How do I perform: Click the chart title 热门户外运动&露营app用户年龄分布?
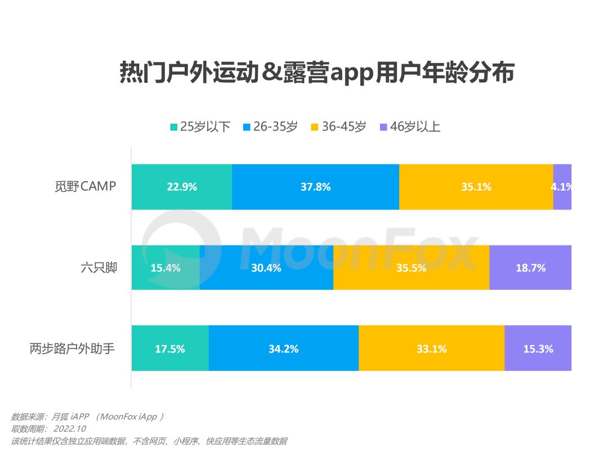[x=317, y=73]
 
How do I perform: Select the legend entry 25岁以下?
[x=200, y=127]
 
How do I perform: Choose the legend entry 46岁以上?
[x=410, y=127]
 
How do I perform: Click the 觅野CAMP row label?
[x=82, y=186]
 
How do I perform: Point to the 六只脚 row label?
[x=98, y=267]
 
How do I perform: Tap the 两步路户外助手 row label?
[x=72, y=348]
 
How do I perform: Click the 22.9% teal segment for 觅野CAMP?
[x=182, y=187]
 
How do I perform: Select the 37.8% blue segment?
[x=315, y=187]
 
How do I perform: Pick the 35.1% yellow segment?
[x=476, y=187]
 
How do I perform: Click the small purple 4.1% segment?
[x=563, y=187]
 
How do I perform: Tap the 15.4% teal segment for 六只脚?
[x=166, y=268]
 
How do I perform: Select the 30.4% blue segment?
[x=266, y=268]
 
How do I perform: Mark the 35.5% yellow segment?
[x=411, y=268]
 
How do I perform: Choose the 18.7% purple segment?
[x=530, y=268]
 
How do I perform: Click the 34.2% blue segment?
[x=284, y=349]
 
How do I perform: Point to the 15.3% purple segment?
[x=538, y=349]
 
